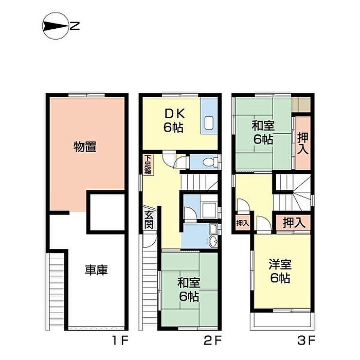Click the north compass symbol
click(x=56, y=26)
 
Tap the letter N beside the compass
click(x=75, y=26)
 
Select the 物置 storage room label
click(x=85, y=147)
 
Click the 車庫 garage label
click(x=96, y=270)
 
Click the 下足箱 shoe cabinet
click(x=148, y=165)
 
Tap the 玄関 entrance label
click(x=149, y=220)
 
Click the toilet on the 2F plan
click(x=210, y=162)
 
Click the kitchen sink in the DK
click(x=209, y=123)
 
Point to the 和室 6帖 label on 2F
click(x=189, y=290)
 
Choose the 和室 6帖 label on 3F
click(x=263, y=132)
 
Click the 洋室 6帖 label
click(x=280, y=271)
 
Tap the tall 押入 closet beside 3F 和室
click(x=302, y=143)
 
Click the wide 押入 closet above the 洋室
click(x=293, y=223)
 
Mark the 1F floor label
click(x=120, y=340)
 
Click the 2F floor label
click(x=212, y=340)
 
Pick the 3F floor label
click(x=307, y=340)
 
